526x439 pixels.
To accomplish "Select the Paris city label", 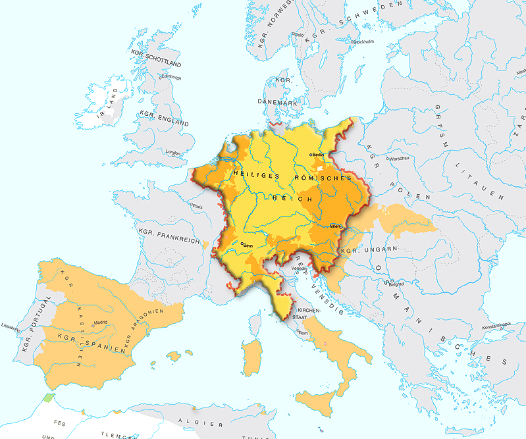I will [x=198, y=206].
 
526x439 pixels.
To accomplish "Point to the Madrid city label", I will [x=100, y=323].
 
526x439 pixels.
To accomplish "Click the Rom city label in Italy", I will [x=303, y=333].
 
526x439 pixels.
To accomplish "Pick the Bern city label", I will [x=248, y=245].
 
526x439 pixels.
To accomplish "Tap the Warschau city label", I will [x=400, y=159].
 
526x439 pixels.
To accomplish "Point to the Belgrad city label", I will [x=395, y=284].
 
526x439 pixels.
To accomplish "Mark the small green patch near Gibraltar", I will [x=48, y=398].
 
